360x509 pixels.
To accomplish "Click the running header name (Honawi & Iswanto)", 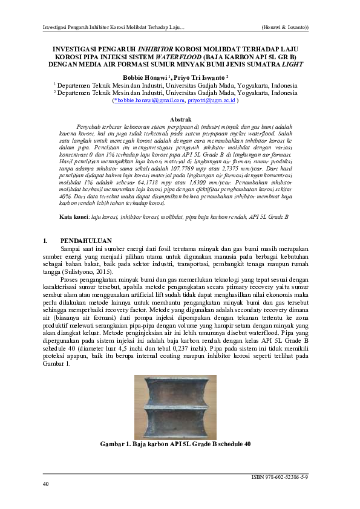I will click(284, 28).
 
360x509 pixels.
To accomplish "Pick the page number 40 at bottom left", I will click(46, 484).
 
